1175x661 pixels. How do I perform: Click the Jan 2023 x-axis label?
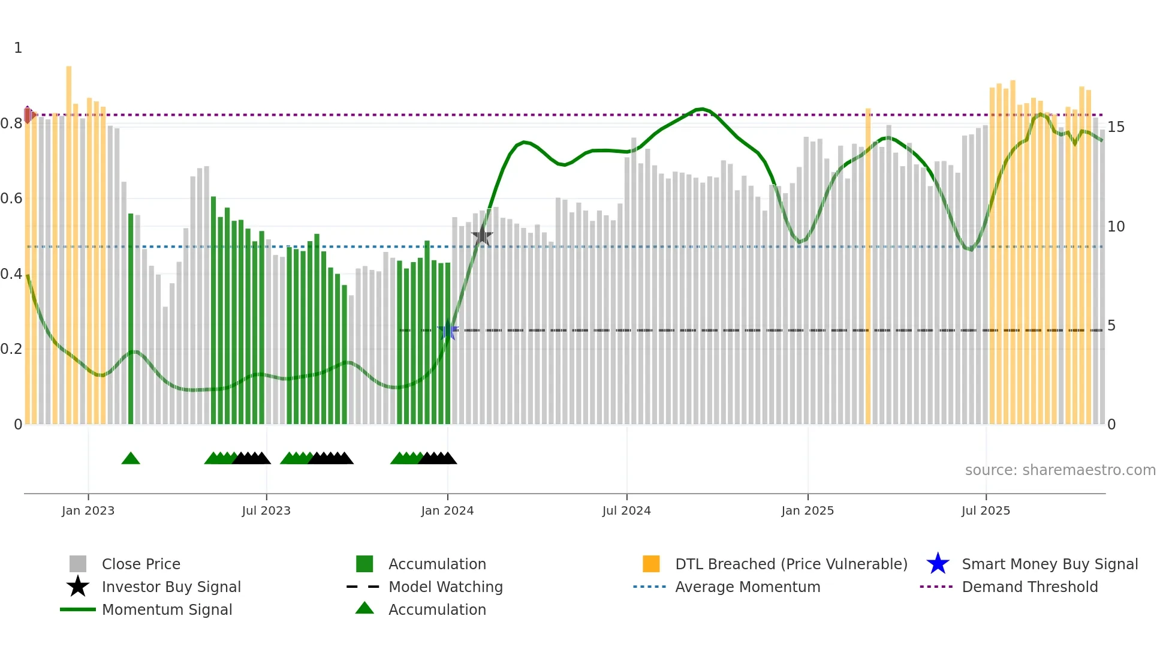(x=88, y=510)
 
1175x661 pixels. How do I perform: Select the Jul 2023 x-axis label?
(x=266, y=510)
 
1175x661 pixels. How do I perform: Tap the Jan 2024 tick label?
(x=447, y=510)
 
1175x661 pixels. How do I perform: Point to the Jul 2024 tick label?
(x=626, y=510)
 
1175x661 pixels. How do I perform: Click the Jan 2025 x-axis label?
(x=808, y=510)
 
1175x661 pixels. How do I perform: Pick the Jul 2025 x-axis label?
(x=986, y=510)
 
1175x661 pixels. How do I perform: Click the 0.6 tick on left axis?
(x=11, y=199)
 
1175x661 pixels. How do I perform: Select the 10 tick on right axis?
(x=1116, y=227)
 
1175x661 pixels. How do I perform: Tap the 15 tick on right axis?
(x=1116, y=127)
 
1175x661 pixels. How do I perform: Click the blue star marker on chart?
(x=448, y=330)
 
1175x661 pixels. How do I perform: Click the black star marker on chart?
(x=482, y=236)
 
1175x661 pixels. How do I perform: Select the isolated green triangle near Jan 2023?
(x=131, y=459)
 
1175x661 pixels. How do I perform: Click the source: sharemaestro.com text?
(x=1060, y=470)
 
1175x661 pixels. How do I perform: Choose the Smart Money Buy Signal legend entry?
(x=1049, y=564)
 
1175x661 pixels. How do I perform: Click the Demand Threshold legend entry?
(x=1029, y=587)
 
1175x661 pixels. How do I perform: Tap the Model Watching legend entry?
(x=445, y=587)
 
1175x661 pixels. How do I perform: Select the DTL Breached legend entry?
(x=791, y=564)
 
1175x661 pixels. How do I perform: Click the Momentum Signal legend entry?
(x=167, y=610)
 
